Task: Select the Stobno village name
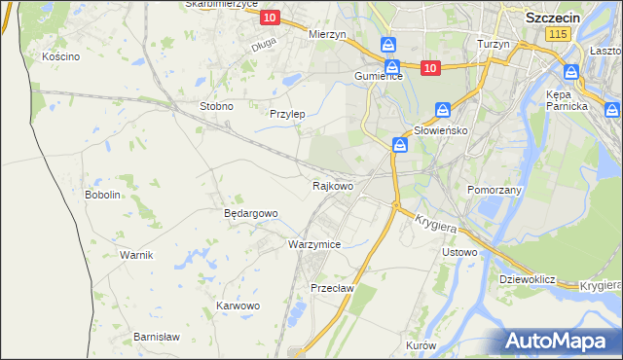coord(215,106)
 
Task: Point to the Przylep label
coord(287,114)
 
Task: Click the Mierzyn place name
coord(327,34)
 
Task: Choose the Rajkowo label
coord(332,185)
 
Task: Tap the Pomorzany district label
coord(495,190)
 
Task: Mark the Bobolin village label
coord(102,195)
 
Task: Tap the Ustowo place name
coord(459,253)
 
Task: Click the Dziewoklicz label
coord(527,279)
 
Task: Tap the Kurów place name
coord(421,345)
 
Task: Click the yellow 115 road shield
coord(557,34)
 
